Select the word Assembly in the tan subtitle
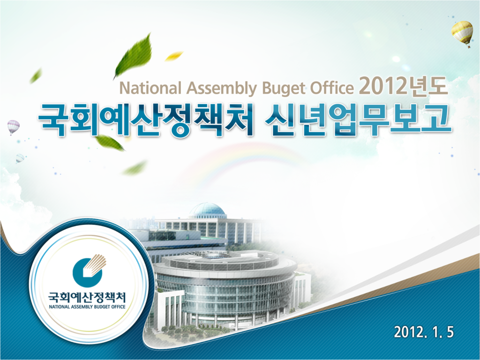(x=222, y=89)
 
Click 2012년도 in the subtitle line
(x=404, y=86)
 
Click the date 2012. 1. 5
(x=424, y=332)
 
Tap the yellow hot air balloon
(x=462, y=32)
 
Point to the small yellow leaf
(x=174, y=56)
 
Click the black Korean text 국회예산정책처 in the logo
(x=87, y=297)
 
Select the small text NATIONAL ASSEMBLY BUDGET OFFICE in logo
(x=87, y=307)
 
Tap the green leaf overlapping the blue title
(x=110, y=142)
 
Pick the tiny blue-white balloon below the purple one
(x=20, y=158)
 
